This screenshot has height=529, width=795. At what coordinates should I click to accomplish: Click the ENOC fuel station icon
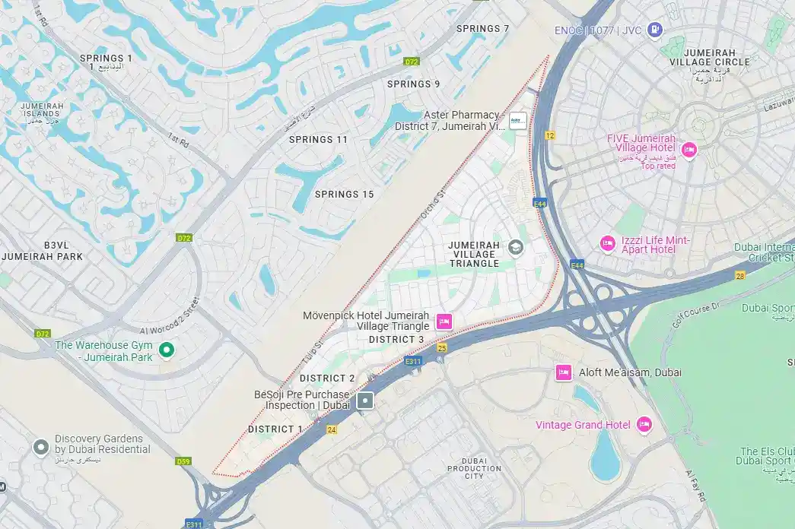(653, 30)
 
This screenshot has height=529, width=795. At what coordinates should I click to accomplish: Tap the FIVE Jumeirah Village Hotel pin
(688, 149)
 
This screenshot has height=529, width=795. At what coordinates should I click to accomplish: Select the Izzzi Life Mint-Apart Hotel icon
(607, 243)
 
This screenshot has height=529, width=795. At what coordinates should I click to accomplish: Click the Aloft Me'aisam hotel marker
(563, 372)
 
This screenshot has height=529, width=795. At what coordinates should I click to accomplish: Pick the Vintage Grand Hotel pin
(644, 424)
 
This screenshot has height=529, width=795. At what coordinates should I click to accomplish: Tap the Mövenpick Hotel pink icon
(444, 322)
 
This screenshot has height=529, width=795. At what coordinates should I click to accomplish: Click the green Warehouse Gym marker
(167, 350)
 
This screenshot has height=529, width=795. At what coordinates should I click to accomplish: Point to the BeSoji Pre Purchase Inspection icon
(365, 401)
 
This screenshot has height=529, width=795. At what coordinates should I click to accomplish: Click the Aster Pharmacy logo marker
(517, 121)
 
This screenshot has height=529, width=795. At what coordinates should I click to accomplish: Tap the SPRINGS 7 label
(482, 29)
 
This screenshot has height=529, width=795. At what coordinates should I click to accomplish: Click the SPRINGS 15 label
(344, 195)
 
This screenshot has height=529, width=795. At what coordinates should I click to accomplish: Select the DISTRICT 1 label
(275, 429)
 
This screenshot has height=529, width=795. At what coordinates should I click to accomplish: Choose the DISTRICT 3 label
(396, 340)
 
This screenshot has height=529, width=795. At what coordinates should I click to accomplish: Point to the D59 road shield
(183, 461)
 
